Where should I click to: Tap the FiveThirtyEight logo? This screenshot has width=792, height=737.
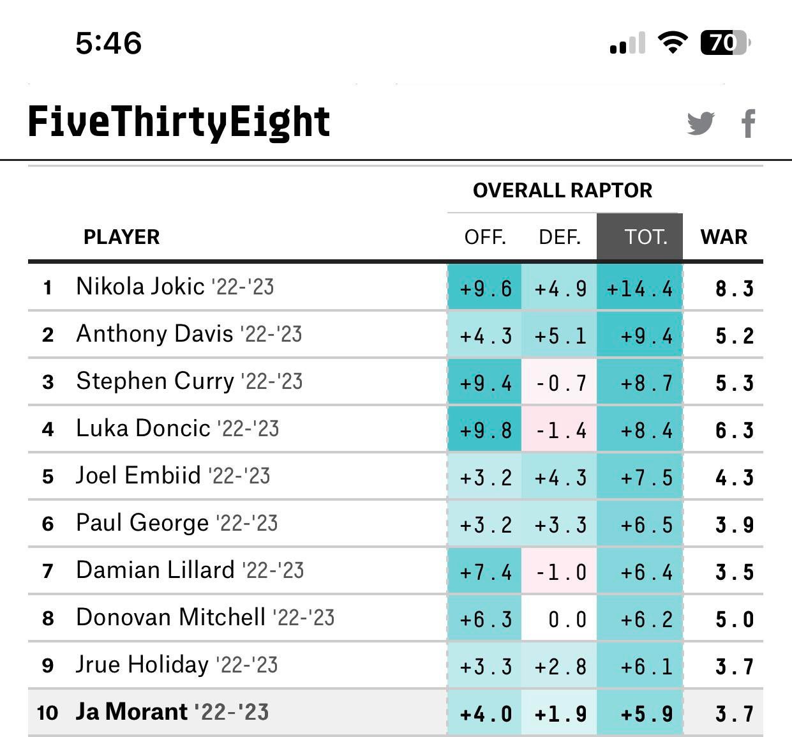[179, 122]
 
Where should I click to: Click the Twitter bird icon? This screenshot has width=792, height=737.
[701, 123]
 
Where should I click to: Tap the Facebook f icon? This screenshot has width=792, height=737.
[749, 123]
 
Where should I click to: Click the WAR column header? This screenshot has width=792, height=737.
[724, 237]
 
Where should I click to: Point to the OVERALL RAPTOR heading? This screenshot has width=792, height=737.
[562, 190]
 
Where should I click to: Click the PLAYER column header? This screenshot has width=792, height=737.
[121, 237]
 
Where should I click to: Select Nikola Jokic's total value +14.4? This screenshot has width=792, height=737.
[639, 289]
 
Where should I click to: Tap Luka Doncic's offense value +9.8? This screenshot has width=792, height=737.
[486, 430]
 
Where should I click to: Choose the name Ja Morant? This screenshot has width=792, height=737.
[131, 711]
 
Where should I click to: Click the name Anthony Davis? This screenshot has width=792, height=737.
[154, 333]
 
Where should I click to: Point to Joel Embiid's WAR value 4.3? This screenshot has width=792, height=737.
[734, 478]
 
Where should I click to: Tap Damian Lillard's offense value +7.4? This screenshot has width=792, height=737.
[486, 572]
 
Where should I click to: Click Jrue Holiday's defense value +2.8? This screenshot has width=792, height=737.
[560, 667]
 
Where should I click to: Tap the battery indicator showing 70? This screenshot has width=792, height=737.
[725, 43]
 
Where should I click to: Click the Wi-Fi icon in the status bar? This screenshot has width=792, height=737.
[671, 43]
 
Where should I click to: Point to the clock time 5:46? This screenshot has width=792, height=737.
[108, 43]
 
